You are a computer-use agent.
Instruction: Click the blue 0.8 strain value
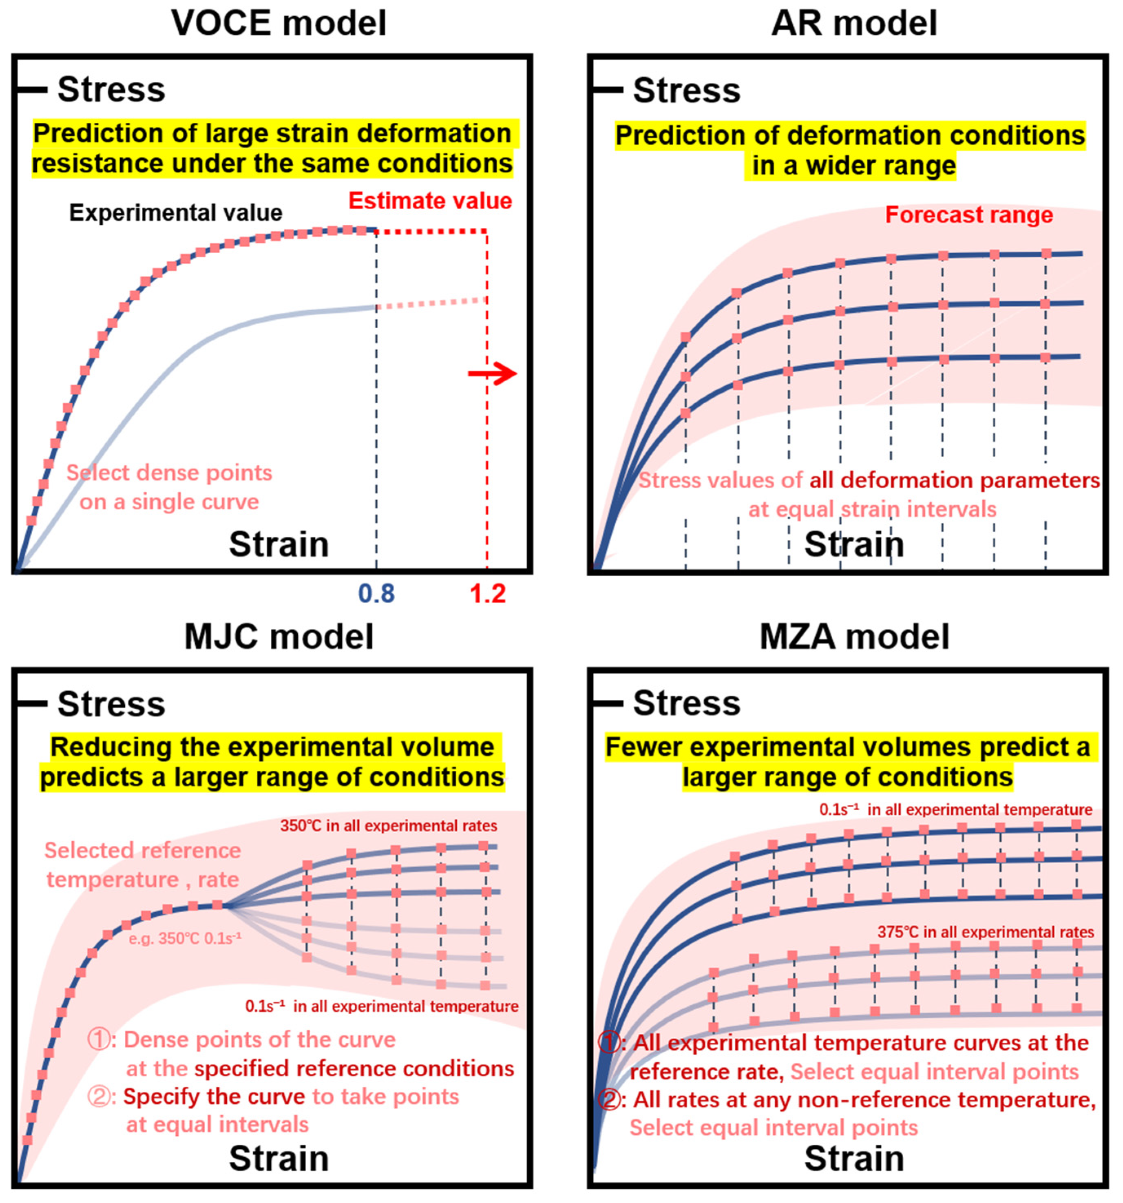376,594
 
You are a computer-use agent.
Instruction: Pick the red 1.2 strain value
488,594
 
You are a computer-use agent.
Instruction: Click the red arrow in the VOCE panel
493,374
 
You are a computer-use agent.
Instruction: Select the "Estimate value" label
430,201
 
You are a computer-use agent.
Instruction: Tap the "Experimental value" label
175,213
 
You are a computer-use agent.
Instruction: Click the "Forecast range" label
969,215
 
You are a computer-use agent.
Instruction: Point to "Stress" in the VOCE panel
111,90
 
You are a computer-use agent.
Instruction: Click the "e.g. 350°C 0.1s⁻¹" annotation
185,939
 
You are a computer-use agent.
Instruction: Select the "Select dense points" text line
169,473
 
